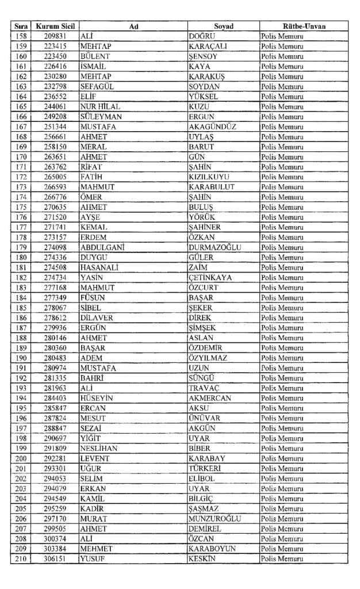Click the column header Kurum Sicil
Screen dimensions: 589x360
click(55, 26)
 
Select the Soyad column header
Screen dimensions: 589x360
click(223, 26)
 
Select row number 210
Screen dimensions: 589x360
click(21, 559)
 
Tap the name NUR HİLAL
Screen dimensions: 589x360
click(101, 106)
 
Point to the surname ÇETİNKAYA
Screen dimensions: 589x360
click(210, 278)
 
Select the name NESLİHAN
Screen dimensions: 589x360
click(101, 448)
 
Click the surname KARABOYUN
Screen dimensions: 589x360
click(212, 549)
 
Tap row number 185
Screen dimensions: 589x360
click(21, 308)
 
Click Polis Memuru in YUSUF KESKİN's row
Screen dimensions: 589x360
click(283, 559)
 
